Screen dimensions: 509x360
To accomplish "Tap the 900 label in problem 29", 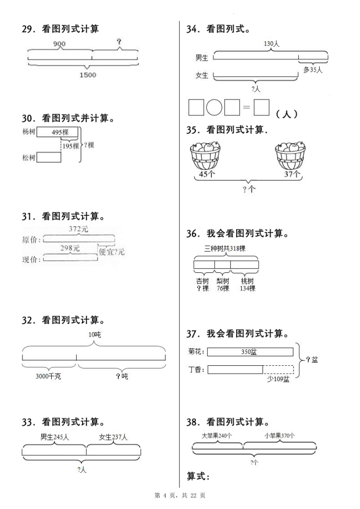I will pos(59,44).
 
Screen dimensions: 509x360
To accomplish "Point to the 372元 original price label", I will pos(78,229).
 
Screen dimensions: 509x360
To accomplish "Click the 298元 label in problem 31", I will pos(70,248).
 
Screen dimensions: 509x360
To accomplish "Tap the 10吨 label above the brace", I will pos(94,335).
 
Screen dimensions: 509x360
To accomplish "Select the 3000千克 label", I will pos(48,376).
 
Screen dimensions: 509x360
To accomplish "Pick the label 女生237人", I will pos(113,437).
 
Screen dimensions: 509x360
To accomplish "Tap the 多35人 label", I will pos(313,70).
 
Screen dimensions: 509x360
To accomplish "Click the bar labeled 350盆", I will pos(250,352).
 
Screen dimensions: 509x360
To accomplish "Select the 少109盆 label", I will pos(278,379).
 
